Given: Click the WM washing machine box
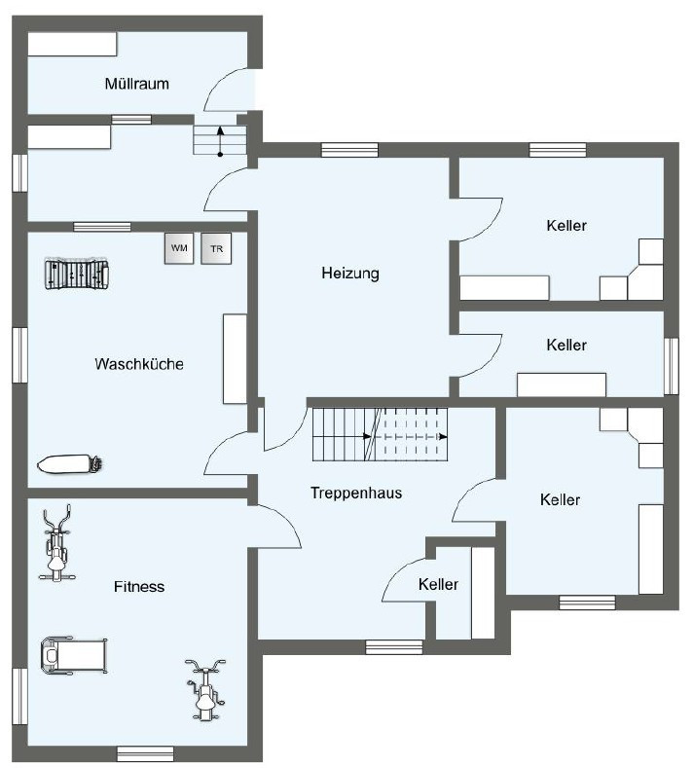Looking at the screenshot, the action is click(x=179, y=248).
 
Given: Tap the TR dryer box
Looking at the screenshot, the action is click(x=216, y=248).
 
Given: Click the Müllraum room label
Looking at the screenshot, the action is click(x=136, y=84).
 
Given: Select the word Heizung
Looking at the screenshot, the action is click(x=350, y=273).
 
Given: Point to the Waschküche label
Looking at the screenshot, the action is click(x=139, y=364).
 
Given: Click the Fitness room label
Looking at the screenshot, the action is click(x=139, y=586).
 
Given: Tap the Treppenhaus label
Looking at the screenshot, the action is click(x=356, y=493).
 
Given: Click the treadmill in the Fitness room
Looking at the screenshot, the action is click(x=74, y=655).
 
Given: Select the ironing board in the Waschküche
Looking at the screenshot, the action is click(x=70, y=464).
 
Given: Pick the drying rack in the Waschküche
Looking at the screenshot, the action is click(x=77, y=274).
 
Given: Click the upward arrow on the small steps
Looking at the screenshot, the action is click(x=220, y=141).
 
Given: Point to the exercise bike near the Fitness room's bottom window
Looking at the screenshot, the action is click(x=205, y=689).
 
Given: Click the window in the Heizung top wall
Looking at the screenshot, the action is click(x=349, y=150).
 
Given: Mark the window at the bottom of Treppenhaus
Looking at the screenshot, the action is click(x=394, y=647).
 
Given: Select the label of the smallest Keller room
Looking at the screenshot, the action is click(x=438, y=584).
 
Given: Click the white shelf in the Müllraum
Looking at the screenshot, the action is click(x=72, y=44).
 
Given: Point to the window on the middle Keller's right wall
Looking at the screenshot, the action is click(x=672, y=366).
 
